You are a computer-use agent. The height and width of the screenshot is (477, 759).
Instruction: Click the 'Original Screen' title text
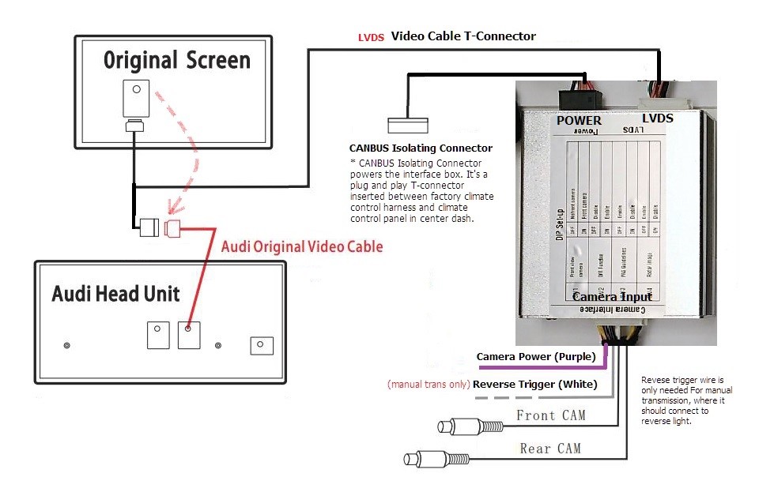[x=176, y=61]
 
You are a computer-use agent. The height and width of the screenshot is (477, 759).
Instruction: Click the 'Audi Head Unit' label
[x=115, y=295]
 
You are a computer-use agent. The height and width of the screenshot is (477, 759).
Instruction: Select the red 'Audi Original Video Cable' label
[x=301, y=246]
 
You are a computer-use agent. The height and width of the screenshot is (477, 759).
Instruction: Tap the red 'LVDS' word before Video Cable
[x=372, y=37]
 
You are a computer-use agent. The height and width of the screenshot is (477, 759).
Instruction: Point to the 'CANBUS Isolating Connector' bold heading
[x=421, y=148]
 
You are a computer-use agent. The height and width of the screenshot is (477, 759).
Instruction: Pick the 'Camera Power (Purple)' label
[x=535, y=357]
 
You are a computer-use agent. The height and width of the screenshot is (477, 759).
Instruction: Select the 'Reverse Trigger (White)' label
[x=534, y=385]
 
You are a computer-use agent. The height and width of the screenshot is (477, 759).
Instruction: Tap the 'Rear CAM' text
[x=550, y=449]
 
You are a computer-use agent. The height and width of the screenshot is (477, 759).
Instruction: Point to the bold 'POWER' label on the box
[x=579, y=120]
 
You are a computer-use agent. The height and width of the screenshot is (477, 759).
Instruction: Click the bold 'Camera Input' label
[x=612, y=297]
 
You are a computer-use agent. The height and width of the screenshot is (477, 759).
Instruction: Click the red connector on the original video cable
[x=174, y=229]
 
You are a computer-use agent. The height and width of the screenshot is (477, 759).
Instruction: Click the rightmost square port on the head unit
[x=261, y=345]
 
